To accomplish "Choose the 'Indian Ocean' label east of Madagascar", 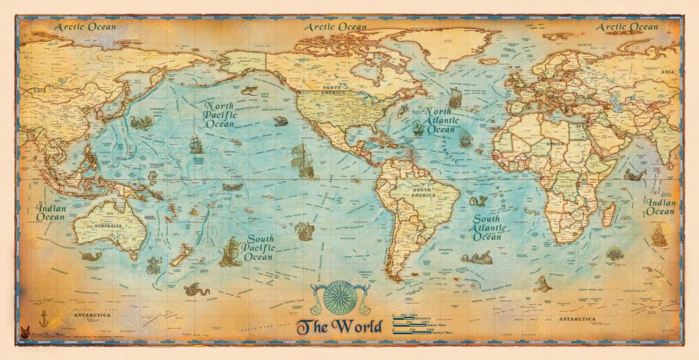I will (x=660, y=207).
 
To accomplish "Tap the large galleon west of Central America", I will (x=303, y=161).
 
